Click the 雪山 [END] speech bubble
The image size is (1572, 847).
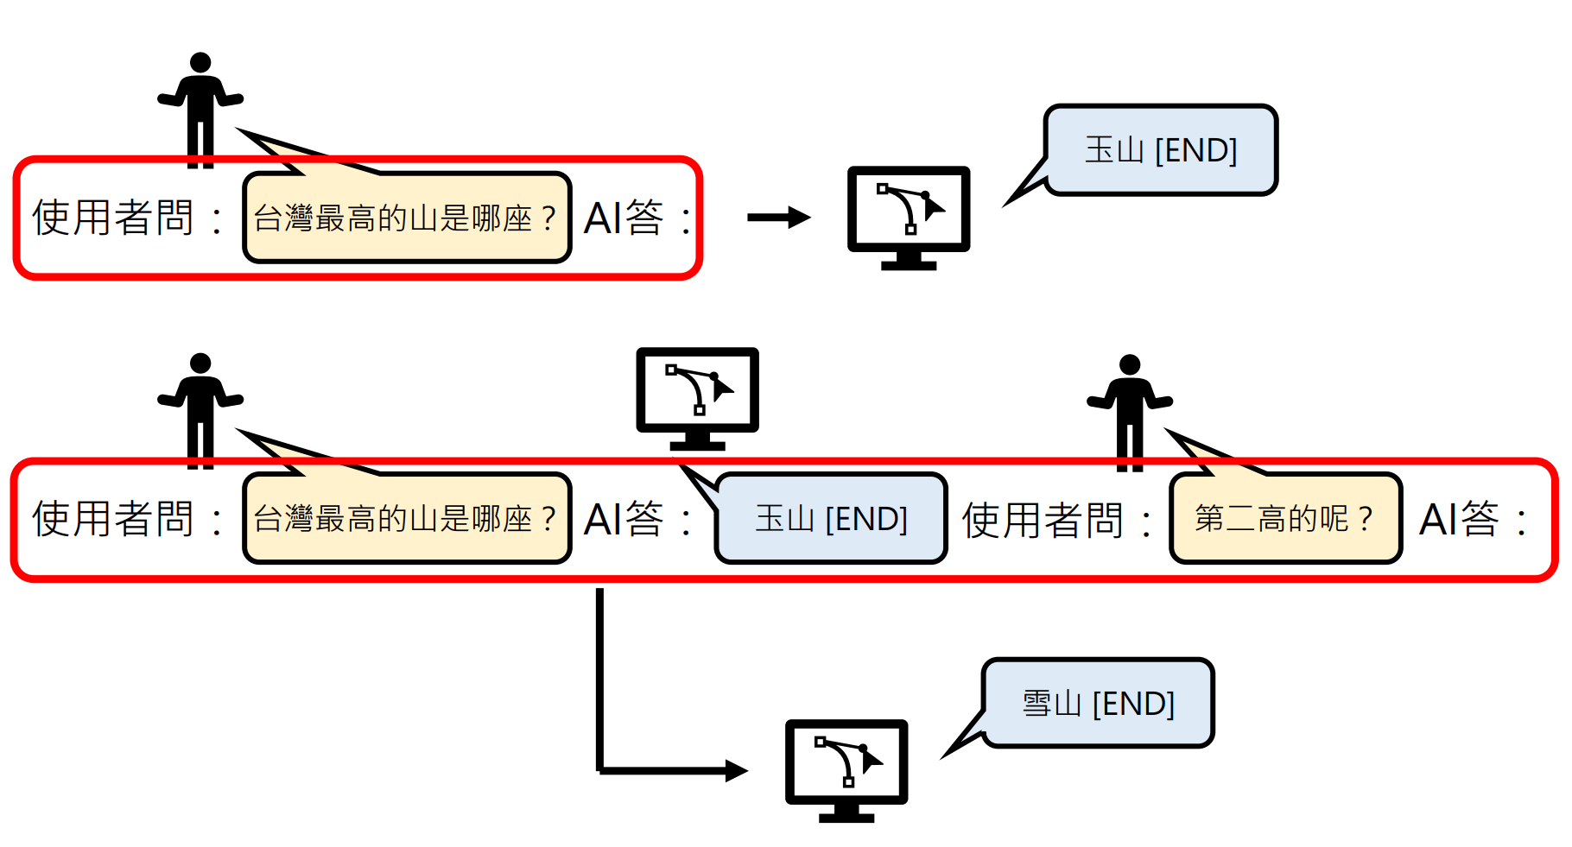[x=1098, y=703]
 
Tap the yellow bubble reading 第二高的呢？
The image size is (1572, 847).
[x=1284, y=519]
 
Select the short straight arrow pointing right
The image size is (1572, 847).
[x=778, y=218]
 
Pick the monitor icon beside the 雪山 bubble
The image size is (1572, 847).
[x=846, y=768]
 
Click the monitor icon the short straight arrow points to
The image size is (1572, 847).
[x=909, y=216]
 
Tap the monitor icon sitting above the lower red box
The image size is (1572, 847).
[x=697, y=396]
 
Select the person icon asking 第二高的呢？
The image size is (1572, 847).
[x=1129, y=410]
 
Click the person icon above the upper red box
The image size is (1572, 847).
[x=200, y=108]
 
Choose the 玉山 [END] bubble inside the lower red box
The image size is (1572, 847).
[x=831, y=519]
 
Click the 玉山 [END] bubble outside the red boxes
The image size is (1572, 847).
[x=1160, y=150]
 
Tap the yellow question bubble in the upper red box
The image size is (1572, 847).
[x=407, y=218]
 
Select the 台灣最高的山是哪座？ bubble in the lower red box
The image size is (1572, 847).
[x=407, y=519]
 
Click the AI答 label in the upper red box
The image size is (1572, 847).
[x=624, y=218]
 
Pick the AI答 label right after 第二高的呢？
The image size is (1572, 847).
[x=1461, y=519]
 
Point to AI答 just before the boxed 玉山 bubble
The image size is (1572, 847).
[x=624, y=519]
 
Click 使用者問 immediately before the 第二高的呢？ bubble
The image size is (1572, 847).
[x=1043, y=519]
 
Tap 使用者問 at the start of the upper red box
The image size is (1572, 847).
[x=113, y=218]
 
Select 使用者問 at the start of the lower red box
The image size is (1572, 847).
[x=113, y=519]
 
